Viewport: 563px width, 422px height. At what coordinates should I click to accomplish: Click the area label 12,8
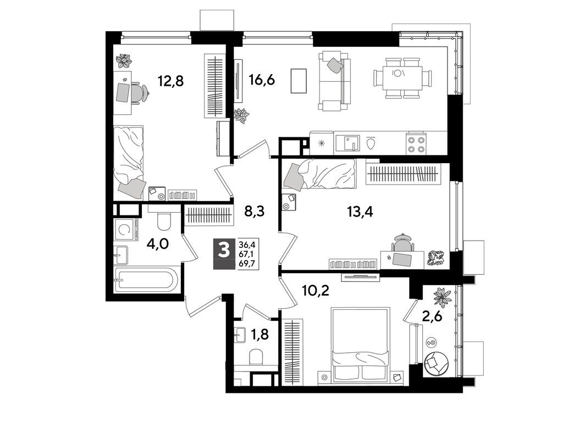pos(170,81)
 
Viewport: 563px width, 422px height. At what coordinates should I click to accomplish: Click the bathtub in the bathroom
pos(146,281)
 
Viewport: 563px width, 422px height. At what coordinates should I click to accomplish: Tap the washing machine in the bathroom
pos(126,229)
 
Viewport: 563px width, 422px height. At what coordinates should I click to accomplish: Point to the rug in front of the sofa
pos(299,81)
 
